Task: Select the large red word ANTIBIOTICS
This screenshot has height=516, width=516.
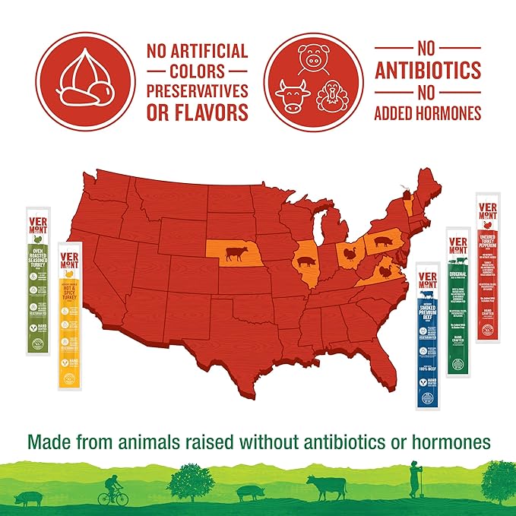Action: (429, 71)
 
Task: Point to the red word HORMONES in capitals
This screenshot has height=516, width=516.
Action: (445, 114)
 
